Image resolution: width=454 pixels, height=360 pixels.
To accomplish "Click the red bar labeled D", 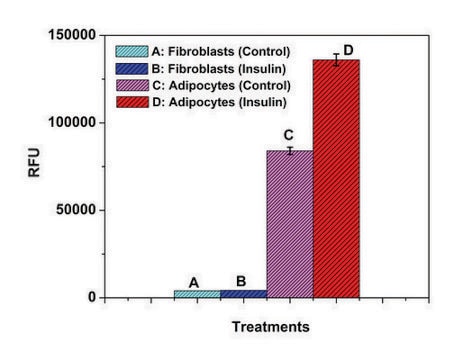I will [x=336, y=180].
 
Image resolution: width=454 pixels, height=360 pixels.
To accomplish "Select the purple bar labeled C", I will [x=290, y=224].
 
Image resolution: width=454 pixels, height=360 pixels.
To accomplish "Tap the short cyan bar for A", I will [x=197, y=294].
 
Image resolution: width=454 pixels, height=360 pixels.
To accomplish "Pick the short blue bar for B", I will [x=243, y=294].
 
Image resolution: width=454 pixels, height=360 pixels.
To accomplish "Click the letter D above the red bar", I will [x=349, y=50].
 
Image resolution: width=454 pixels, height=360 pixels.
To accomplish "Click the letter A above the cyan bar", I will [x=196, y=281].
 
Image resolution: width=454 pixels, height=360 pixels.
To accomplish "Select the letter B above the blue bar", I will [x=241, y=281].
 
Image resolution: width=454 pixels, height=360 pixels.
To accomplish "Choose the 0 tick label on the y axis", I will [x=90, y=297].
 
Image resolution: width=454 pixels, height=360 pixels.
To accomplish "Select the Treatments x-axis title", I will [x=270, y=327].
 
